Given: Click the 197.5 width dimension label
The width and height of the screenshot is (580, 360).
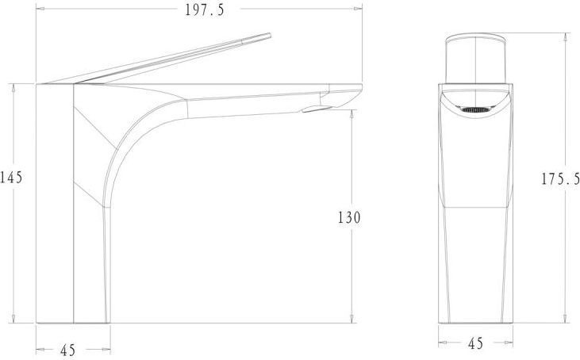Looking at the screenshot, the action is (x=205, y=10).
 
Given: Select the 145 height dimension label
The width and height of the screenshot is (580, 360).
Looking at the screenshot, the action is (x=11, y=178).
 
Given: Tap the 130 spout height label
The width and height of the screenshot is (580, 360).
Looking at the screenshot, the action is (x=349, y=217).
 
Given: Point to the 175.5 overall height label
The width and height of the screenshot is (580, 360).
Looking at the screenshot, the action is (x=560, y=179).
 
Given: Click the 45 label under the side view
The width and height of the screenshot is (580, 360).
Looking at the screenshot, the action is (x=67, y=350).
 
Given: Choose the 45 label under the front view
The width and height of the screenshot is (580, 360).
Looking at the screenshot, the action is (x=476, y=343).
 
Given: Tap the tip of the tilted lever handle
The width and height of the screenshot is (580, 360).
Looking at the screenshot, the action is (x=270, y=35).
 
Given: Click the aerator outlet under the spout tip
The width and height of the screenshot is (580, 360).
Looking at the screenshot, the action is (x=317, y=109).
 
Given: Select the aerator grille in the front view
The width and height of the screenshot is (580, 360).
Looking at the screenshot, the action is (x=475, y=109).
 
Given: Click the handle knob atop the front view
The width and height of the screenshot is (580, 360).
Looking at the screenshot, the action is (x=475, y=59).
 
